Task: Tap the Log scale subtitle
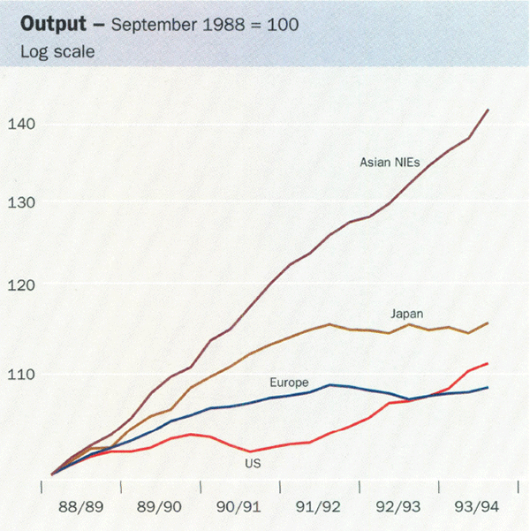tap(57, 51)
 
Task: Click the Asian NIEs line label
tap(394, 162)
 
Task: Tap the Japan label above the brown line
tap(406, 314)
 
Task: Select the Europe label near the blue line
tap(289, 383)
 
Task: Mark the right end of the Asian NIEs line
tap(488, 110)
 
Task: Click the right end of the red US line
tap(488, 363)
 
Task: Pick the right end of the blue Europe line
tap(488, 388)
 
